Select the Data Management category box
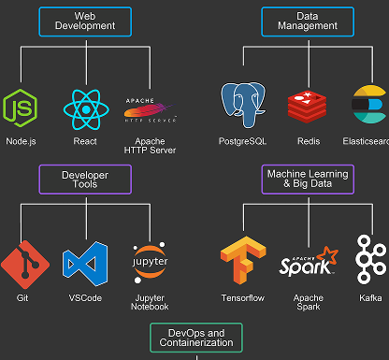308,21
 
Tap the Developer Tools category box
84,180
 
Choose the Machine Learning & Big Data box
308,180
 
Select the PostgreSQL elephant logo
243,106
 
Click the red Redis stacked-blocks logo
308,107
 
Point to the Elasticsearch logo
370,106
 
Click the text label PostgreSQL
243,141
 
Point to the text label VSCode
85,298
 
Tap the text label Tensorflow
243,298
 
